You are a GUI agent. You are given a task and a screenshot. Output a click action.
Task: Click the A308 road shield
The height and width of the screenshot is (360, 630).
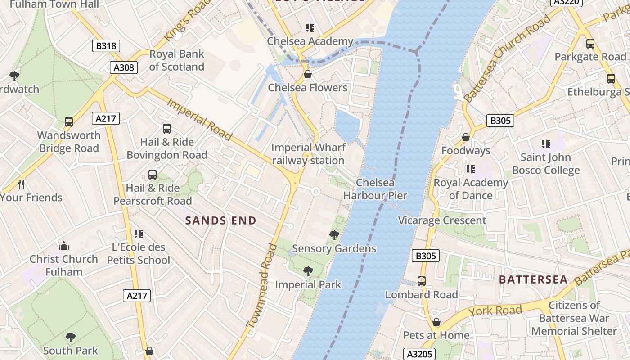tap(123, 67)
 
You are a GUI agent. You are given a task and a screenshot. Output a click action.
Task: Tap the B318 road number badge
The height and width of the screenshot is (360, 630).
tap(106, 45)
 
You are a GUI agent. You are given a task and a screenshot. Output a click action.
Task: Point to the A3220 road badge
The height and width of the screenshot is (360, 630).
tap(567, 2)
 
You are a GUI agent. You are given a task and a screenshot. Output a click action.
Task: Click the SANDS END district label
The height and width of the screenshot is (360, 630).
tap(221, 220)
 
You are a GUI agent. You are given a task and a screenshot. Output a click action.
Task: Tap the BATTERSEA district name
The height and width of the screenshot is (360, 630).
tap(533, 279)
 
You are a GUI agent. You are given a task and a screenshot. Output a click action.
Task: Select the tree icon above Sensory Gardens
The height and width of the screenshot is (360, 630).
tap(334, 235)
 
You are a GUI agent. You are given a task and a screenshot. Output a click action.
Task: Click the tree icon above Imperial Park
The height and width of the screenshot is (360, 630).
tap(308, 271)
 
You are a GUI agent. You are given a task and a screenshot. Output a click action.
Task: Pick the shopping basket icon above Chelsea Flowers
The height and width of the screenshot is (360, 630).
tap(308, 74)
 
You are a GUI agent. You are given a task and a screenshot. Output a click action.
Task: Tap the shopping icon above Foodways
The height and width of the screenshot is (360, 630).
tap(466, 137)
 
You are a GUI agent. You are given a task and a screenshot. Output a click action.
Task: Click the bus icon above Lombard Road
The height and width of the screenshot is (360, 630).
tap(422, 281)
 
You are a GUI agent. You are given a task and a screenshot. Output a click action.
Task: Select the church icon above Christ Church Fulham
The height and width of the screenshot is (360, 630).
tap(64, 246)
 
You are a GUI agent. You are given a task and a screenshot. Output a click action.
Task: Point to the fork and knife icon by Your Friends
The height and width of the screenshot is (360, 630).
tap(21, 184)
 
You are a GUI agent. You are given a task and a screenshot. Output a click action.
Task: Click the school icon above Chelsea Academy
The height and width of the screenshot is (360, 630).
tap(310, 28)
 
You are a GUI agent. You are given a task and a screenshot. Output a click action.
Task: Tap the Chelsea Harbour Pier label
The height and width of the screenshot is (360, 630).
tap(375, 189)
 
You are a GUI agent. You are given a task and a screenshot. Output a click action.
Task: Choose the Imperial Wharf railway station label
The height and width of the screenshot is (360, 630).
tap(308, 154)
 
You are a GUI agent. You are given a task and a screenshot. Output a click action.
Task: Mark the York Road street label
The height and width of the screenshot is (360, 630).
tap(495, 310)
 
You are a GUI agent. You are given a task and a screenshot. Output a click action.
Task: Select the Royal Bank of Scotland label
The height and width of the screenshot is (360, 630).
tap(176, 60)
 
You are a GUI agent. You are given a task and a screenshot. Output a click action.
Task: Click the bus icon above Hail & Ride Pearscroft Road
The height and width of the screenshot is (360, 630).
tap(153, 175)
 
